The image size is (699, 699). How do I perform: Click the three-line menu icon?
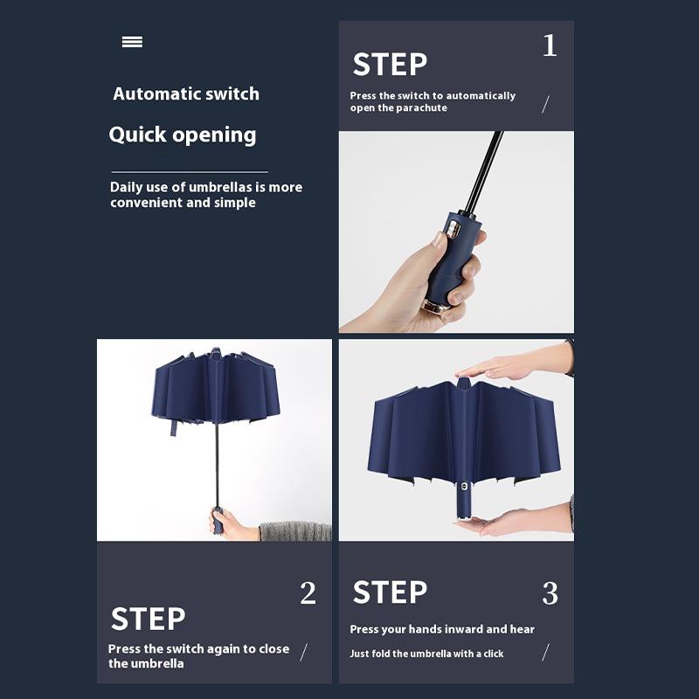click(133, 42)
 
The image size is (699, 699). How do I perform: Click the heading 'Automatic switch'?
click(186, 94)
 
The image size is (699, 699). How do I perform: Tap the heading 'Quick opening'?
click(183, 135)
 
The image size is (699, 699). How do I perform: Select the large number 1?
click(550, 45)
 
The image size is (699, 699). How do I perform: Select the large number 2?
click(308, 593)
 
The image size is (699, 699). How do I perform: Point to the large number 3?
click(550, 593)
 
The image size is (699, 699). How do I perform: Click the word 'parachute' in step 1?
click(421, 107)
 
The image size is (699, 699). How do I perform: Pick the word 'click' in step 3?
click(494, 654)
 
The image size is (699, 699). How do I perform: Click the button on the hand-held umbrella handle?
click(454, 228)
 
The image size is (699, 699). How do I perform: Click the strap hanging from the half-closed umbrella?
click(173, 427)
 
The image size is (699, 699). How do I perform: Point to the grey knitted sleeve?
click(295, 531)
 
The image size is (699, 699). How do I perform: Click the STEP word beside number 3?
click(390, 592)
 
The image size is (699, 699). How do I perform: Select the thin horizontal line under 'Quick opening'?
click(190, 171)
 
